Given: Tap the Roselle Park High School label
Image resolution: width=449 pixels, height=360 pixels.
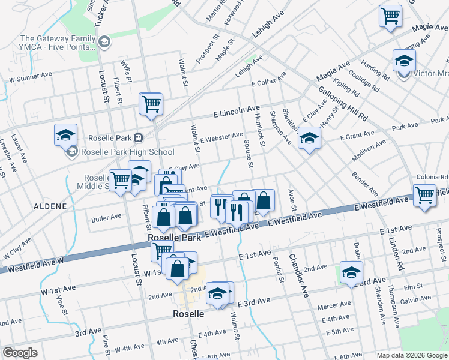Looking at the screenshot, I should coord(127,152).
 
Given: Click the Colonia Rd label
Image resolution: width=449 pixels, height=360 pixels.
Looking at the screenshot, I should coord(433,178).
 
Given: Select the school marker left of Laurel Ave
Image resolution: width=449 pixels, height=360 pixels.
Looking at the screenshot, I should coord(65,134).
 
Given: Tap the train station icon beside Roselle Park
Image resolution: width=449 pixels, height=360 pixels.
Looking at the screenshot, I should coord(138,137).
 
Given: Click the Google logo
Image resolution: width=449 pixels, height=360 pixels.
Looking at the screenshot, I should coord(20,353).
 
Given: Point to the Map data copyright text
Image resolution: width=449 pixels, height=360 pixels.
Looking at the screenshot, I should coord(411,355).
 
